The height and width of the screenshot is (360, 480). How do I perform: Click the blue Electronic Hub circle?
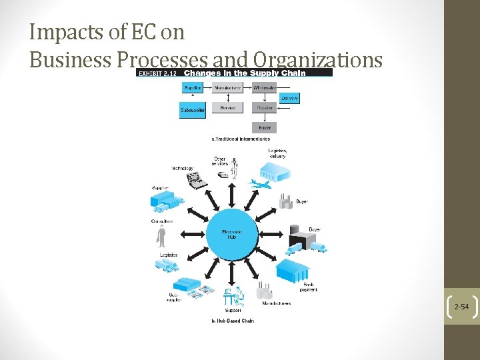click(231, 233)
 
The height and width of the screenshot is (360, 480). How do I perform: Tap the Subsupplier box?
click(193, 111)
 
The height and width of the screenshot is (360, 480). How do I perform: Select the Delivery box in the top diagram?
click(289, 98)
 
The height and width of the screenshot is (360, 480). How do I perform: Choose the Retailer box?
click(265, 107)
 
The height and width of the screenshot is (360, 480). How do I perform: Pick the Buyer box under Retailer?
click(265, 127)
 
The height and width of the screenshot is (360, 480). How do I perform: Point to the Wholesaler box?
click(265, 87)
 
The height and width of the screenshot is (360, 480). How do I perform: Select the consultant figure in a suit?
click(161, 235)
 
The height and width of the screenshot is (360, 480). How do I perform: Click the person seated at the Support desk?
click(234, 294)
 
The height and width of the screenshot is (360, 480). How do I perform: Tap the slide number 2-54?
click(461, 307)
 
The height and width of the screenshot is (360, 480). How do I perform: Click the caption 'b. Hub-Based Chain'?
click(233, 321)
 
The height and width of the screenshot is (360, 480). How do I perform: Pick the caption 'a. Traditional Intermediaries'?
click(241, 139)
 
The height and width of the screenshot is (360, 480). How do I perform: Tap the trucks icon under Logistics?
click(167, 265)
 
